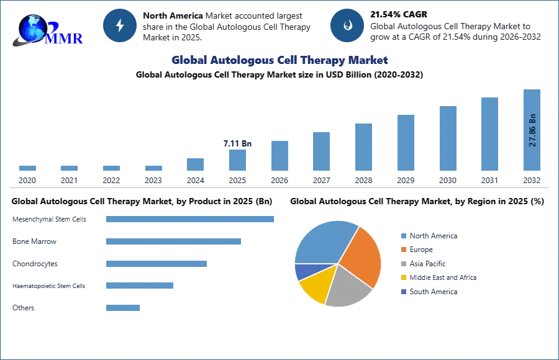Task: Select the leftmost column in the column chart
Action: pyautogui.click(x=27, y=168)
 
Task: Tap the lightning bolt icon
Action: pyautogui.click(x=120, y=25)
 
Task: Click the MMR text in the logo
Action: pyautogui.click(x=65, y=38)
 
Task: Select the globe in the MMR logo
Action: pyautogui.click(x=32, y=27)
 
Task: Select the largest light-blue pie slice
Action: pyautogui.click(x=323, y=242)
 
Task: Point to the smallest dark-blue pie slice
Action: pyautogui.click(x=302, y=271)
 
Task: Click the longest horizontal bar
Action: pyautogui.click(x=191, y=218)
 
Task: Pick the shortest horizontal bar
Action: pyautogui.click(x=124, y=308)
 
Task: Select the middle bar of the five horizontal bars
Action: pyautogui.click(x=156, y=263)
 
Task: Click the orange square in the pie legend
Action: pyautogui.click(x=402, y=250)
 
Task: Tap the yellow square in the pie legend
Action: pyautogui.click(x=402, y=278)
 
